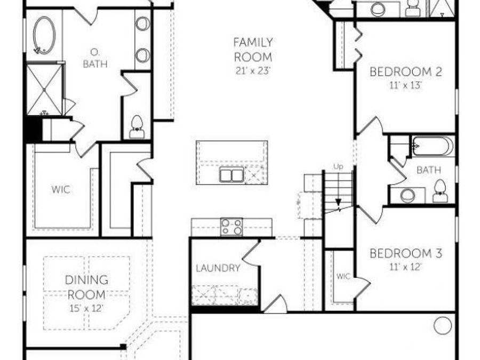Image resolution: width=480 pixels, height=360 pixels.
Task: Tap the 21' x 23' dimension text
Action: pyautogui.click(x=253, y=70)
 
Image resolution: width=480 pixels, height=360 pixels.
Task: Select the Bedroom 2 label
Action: pyautogui.click(x=406, y=71)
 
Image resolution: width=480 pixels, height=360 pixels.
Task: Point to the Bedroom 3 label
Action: pyautogui.click(x=406, y=253)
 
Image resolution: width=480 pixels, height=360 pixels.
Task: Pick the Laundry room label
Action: pyautogui.click(x=218, y=268)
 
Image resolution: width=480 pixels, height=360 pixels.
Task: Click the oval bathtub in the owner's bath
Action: pyautogui.click(x=44, y=35)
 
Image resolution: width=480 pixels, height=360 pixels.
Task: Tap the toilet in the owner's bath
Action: pyautogui.click(x=137, y=127)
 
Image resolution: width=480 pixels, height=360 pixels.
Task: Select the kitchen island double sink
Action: pyautogui.click(x=231, y=174)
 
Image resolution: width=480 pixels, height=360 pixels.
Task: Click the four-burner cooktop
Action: pyautogui.click(x=231, y=227)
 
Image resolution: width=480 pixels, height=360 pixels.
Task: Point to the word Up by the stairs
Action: pyautogui.click(x=338, y=167)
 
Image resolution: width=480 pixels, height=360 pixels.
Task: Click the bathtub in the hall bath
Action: pyautogui.click(x=433, y=146)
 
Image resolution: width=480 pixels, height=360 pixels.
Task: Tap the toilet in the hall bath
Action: pyautogui.click(x=440, y=190)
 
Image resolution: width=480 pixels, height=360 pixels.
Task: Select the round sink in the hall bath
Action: pyautogui.click(x=407, y=196)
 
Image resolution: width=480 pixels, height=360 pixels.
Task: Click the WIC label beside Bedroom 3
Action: pyautogui.click(x=343, y=276)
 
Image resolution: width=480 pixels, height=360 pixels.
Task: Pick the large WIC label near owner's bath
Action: pyautogui.click(x=61, y=189)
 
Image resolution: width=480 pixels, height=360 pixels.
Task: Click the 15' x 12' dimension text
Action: pyautogui.click(x=86, y=308)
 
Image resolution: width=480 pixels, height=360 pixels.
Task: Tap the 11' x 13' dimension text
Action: pyautogui.click(x=406, y=85)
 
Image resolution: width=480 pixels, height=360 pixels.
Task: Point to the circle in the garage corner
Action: pyautogui.click(x=442, y=325)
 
